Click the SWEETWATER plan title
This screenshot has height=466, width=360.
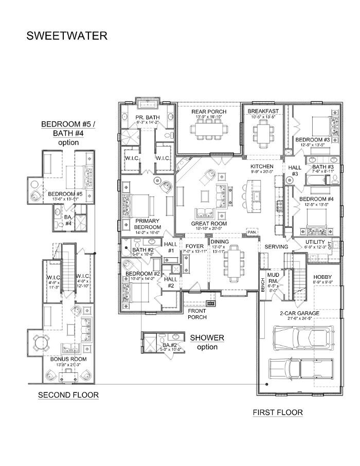(67, 36)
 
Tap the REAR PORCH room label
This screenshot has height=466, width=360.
(209, 112)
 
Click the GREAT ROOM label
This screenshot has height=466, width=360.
(209, 224)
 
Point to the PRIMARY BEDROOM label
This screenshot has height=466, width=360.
(147, 224)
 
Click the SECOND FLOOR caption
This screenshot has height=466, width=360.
(68, 395)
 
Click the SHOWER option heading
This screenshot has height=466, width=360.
(207, 338)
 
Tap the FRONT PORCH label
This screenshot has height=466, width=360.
(197, 314)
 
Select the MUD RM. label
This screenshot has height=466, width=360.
(273, 278)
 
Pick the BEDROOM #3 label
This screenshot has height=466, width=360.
(312, 140)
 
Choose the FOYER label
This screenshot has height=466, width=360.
(195, 246)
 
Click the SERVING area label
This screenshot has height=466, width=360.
(276, 247)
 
